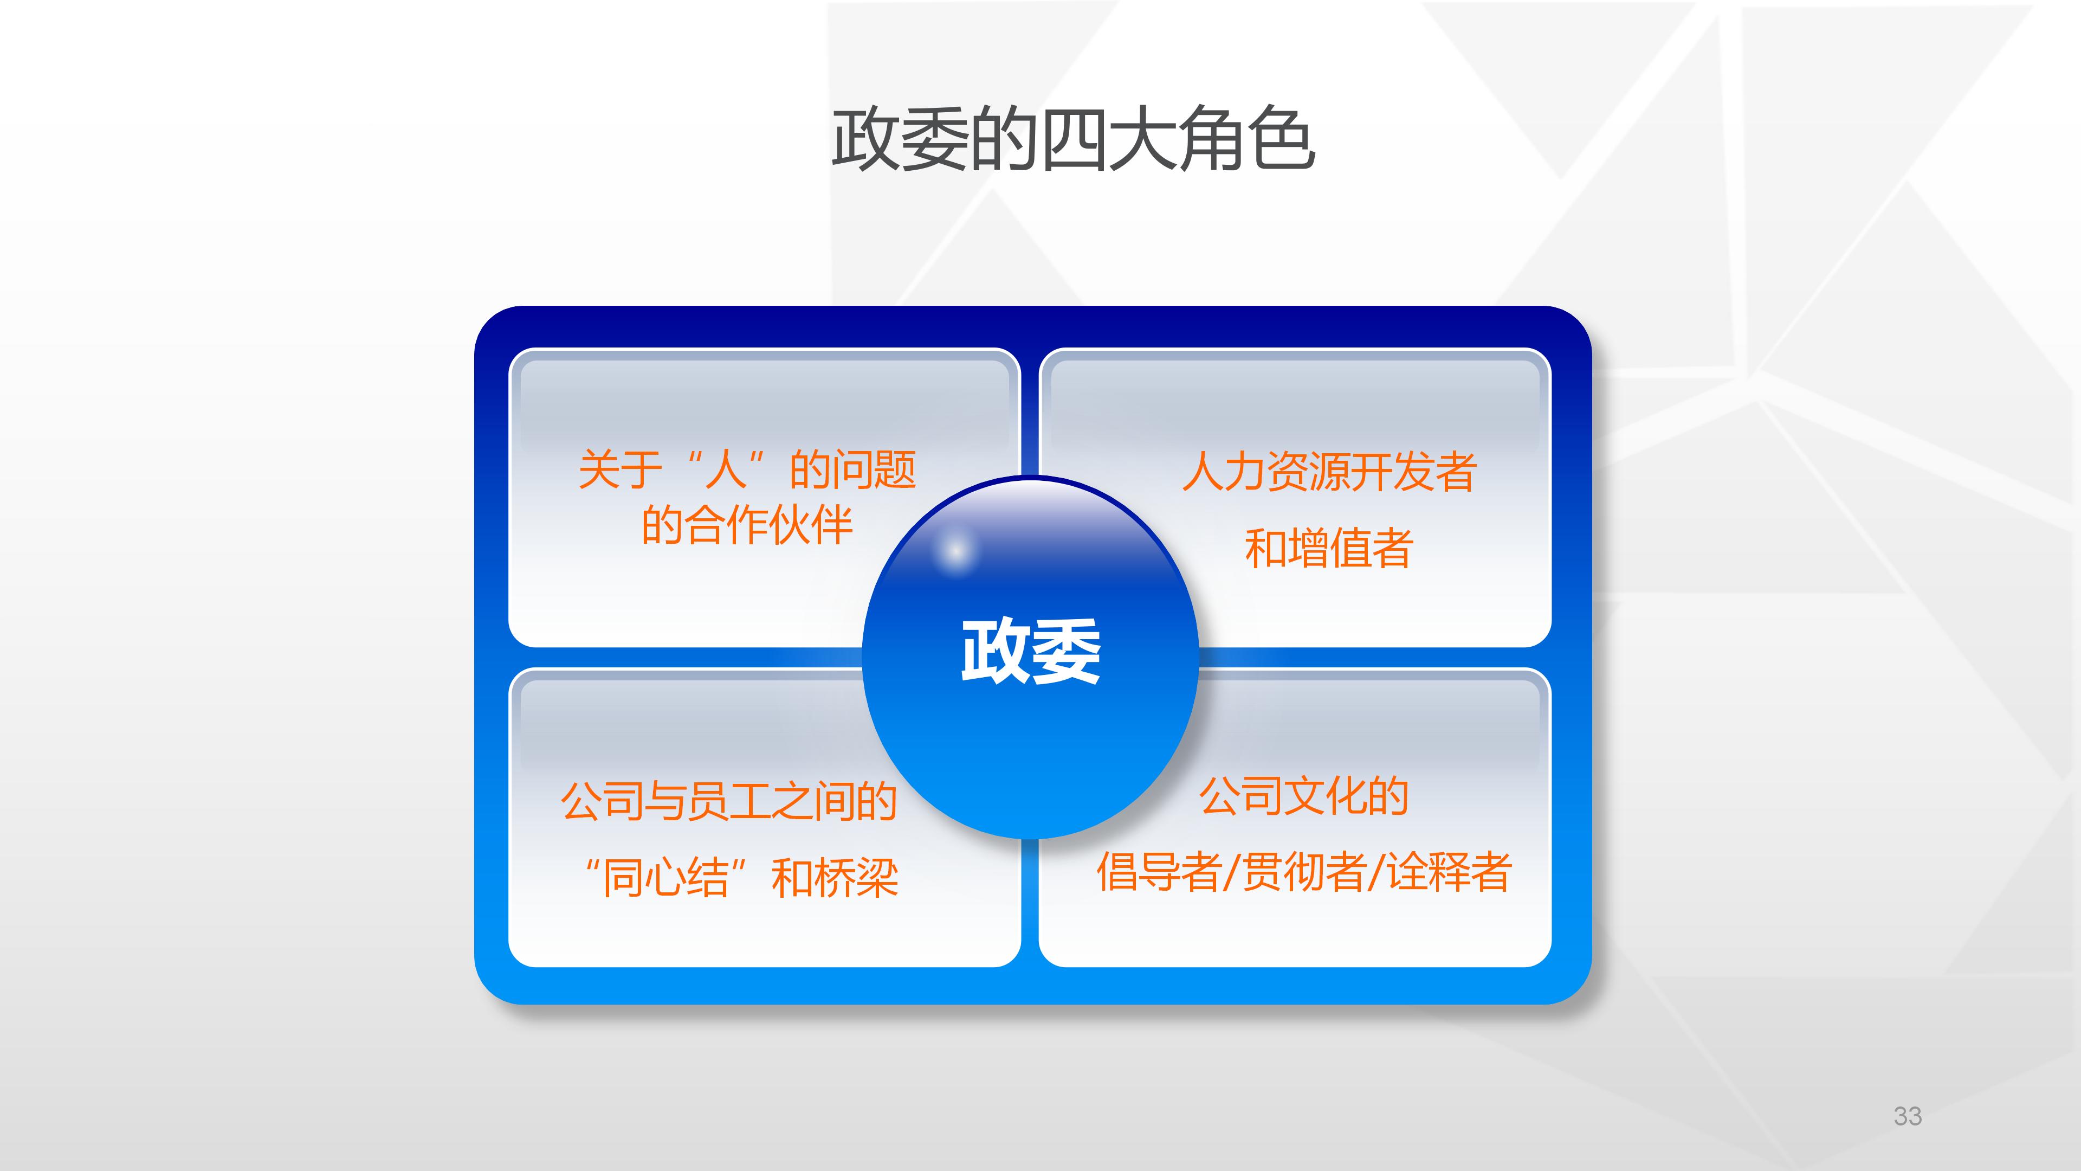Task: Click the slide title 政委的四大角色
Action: tap(1073, 140)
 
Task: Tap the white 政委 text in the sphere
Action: tap(1030, 651)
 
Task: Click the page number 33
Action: tap(1908, 1116)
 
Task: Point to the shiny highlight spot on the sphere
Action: tap(955, 551)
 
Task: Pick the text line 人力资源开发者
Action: tap(1329, 472)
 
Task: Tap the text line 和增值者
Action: tap(1329, 549)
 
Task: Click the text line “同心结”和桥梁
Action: tap(741, 878)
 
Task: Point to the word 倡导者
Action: tap(1158, 873)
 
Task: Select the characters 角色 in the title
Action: tap(1246, 140)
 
